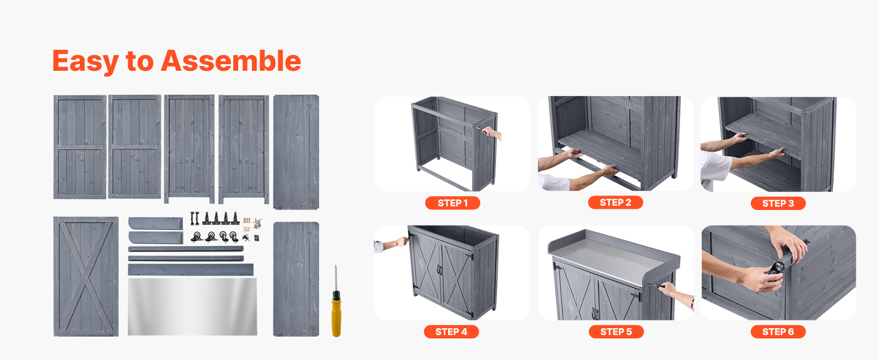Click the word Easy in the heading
(x=85, y=62)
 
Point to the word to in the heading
(x=140, y=62)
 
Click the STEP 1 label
(x=452, y=203)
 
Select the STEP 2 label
(x=615, y=202)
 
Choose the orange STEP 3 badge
(x=778, y=203)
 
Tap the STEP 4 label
(x=451, y=332)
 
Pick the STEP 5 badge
(x=616, y=332)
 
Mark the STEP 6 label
(x=778, y=332)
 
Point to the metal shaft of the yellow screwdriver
(x=335, y=278)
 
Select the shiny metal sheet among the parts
(x=192, y=307)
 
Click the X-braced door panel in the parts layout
(x=86, y=277)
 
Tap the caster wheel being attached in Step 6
(x=776, y=269)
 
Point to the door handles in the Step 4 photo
(x=440, y=270)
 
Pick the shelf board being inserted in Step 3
(x=762, y=133)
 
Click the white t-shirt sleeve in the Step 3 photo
(x=715, y=168)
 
